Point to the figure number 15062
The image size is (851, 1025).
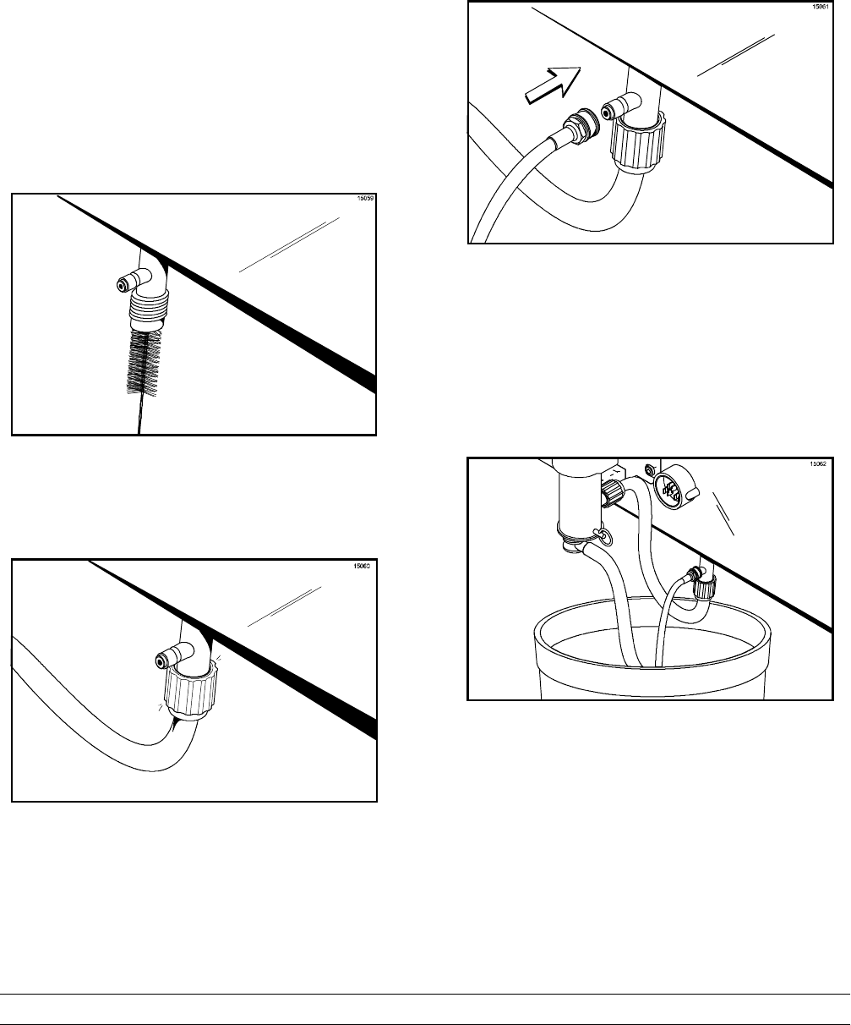812,463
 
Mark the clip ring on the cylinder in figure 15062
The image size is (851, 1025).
602,534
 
